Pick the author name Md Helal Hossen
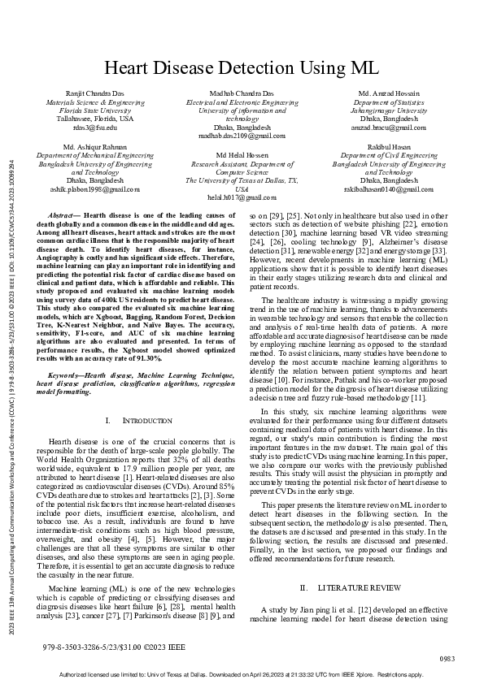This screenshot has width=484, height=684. tap(242, 154)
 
